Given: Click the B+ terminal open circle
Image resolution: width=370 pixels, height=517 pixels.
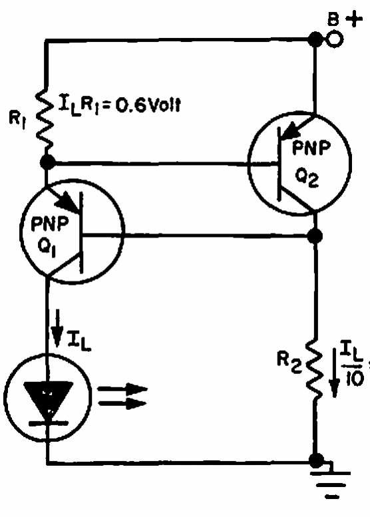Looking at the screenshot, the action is (x=334, y=39).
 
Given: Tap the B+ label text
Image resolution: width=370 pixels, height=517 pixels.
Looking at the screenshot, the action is (x=345, y=19).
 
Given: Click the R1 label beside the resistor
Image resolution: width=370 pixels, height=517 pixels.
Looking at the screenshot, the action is (x=17, y=120).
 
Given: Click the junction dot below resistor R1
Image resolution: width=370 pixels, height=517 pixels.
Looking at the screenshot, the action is (x=48, y=162).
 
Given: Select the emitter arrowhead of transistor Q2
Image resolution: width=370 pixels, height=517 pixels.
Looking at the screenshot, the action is (x=291, y=131).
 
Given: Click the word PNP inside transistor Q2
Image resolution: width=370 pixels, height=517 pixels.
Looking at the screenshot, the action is (x=311, y=148).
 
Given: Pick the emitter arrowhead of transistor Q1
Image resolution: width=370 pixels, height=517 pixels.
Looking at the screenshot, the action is (x=68, y=202).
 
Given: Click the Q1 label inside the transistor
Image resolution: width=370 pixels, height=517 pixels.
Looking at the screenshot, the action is (x=47, y=246).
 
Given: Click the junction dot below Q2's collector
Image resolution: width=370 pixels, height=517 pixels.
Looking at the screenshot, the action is (x=315, y=236).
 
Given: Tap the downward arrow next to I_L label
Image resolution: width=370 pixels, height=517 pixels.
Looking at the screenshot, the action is (x=58, y=328).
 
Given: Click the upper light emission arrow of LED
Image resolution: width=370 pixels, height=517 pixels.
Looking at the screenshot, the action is (x=122, y=389).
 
